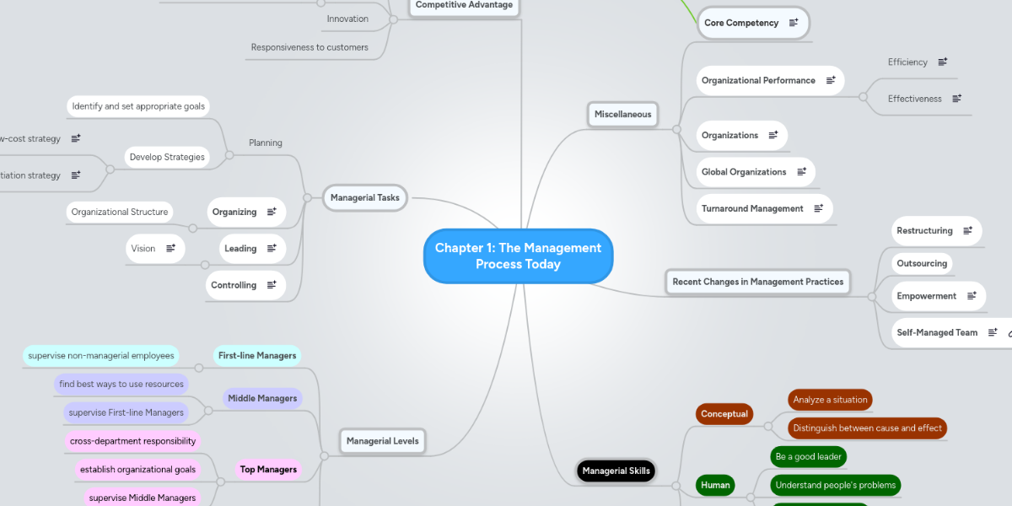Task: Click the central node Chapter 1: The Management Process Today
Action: pyautogui.click(x=518, y=256)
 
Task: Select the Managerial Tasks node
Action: pyautogui.click(x=364, y=198)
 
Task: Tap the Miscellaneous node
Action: pyautogui.click(x=622, y=114)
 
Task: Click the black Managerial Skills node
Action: pyautogui.click(x=616, y=471)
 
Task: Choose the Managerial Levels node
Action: pyautogui.click(x=382, y=441)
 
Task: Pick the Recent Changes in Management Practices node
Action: pyautogui.click(x=757, y=282)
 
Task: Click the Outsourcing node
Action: pyautogui.click(x=922, y=263)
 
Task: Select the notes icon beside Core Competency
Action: pyautogui.click(x=794, y=23)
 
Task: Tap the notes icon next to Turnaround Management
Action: pyautogui.click(x=818, y=208)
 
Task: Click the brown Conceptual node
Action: pyautogui.click(x=724, y=414)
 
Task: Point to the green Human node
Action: pyautogui.click(x=715, y=485)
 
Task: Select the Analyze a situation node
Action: pyautogui.click(x=830, y=400)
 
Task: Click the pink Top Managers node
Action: pyautogui.click(x=268, y=470)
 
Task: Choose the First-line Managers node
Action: pyautogui.click(x=257, y=356)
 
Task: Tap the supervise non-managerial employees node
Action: pyautogui.click(x=101, y=356)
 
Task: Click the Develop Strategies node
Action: pyautogui.click(x=167, y=157)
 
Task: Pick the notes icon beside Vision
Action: pyautogui.click(x=170, y=248)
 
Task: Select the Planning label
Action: pyautogui.click(x=266, y=143)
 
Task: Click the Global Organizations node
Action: pyautogui.click(x=744, y=172)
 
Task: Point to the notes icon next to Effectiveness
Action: pyautogui.click(x=957, y=99)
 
